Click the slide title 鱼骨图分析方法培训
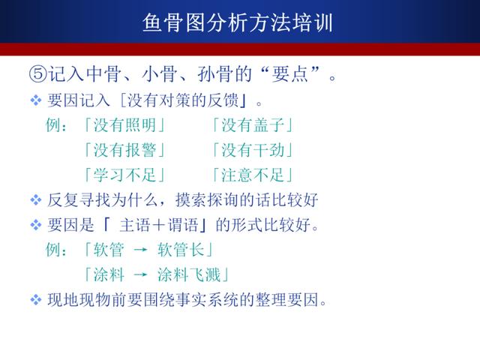[238, 22]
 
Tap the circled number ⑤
[38, 73]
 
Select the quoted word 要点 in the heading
[289, 73]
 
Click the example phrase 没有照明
[125, 125]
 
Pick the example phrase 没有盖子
[253, 125]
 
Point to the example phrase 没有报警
[125, 150]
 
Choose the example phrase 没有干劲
[253, 150]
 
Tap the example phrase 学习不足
[125, 175]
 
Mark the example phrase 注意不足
[253, 175]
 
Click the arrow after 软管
[141, 250]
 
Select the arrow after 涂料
[141, 274]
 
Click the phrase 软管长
[181, 250]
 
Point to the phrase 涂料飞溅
[189, 274]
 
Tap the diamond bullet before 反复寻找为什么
[36, 200]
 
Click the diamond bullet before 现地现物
[36, 300]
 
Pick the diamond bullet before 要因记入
[36, 100]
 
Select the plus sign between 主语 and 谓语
[159, 226]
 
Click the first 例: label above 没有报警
[56, 125]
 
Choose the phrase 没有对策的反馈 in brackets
[183, 100]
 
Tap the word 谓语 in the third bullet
[183, 225]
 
